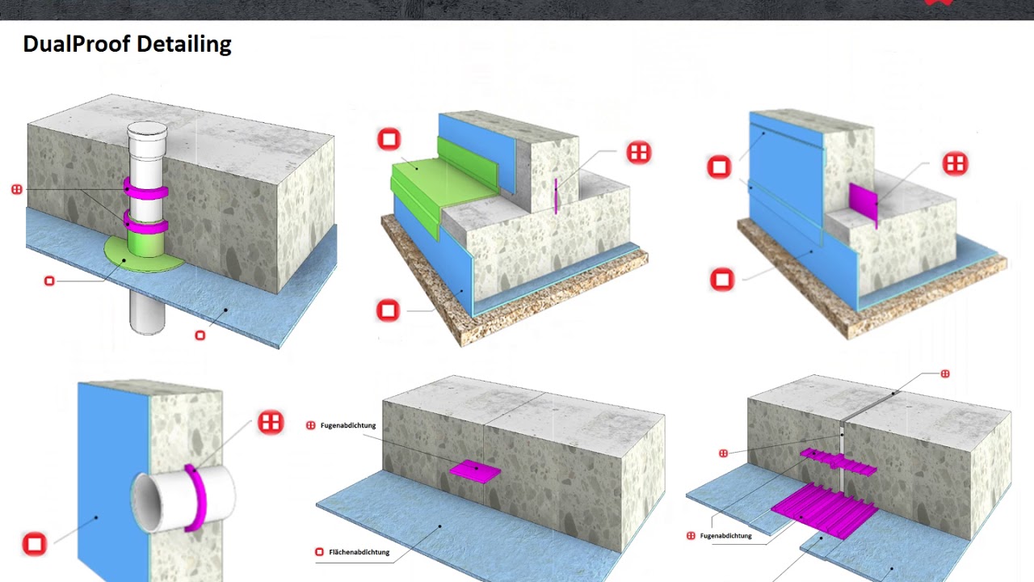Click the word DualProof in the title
(x=77, y=44)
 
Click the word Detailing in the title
(x=184, y=44)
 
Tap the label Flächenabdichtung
(x=359, y=552)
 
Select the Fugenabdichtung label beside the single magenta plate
(x=348, y=425)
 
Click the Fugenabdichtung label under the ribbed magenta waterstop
(x=725, y=536)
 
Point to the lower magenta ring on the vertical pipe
(x=145, y=222)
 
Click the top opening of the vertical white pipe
(x=147, y=128)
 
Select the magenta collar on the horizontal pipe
(x=196, y=498)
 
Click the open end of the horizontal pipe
(x=147, y=503)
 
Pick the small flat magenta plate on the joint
(x=475, y=471)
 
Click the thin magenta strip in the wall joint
(x=556, y=196)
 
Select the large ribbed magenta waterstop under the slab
(x=825, y=510)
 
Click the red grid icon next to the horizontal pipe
(x=271, y=422)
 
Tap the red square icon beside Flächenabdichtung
(x=319, y=552)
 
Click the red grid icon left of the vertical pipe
(x=17, y=189)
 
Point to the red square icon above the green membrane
(x=389, y=139)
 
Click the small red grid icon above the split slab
(x=945, y=373)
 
